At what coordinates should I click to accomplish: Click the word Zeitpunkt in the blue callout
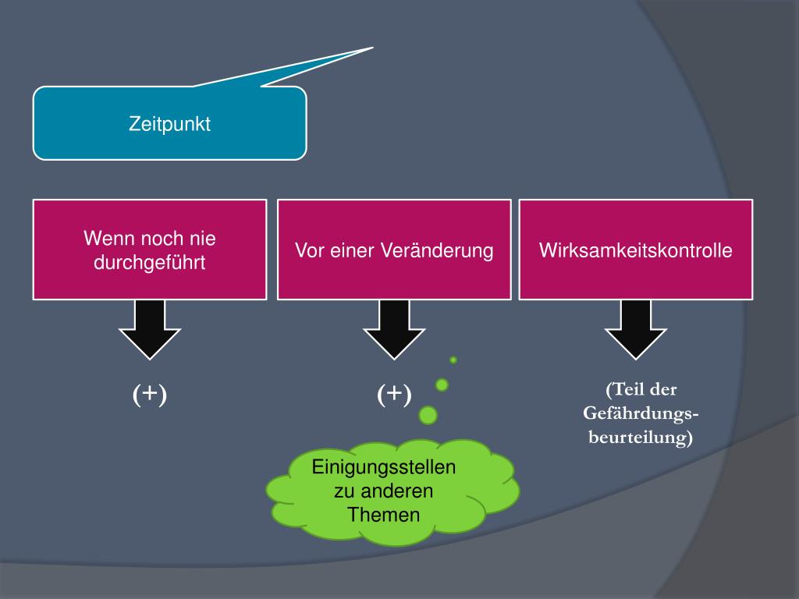pos(169,123)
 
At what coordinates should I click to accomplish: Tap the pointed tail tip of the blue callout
pos(371,48)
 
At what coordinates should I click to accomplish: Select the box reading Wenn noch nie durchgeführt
pos(149,250)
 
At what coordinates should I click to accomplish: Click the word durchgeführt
pos(149,263)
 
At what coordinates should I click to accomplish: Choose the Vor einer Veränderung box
pos(394,250)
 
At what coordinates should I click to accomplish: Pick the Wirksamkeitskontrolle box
pos(636,250)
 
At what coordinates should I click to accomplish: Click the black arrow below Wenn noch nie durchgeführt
pos(150,328)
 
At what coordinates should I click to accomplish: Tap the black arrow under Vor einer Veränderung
pos(394,328)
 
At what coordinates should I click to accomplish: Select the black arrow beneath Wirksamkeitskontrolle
pos(636,328)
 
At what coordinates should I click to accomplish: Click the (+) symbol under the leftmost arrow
pos(150,395)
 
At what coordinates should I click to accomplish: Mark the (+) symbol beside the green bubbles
pos(394,395)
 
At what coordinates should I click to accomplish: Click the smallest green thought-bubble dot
pos(453,360)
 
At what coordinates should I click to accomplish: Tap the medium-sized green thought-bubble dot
pos(442,385)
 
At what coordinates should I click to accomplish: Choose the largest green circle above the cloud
pos(428,415)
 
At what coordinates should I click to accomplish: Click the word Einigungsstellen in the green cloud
pos(384,468)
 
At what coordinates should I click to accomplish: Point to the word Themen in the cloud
pos(384,515)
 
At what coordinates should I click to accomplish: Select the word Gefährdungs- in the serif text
pos(641,413)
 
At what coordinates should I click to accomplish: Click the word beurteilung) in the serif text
pos(641,438)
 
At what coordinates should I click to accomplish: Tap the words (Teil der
pos(641,389)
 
